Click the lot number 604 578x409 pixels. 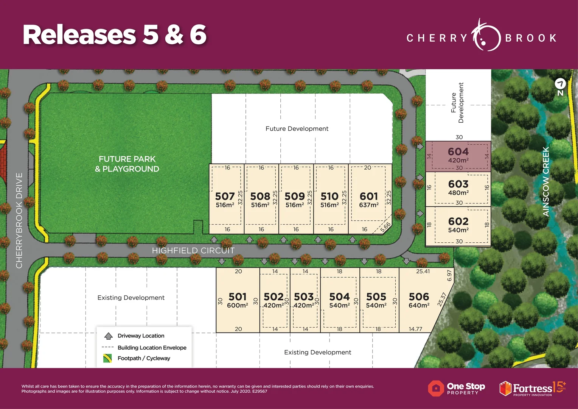tap(458, 152)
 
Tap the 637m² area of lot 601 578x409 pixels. tap(369, 205)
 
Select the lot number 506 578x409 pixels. tap(419, 297)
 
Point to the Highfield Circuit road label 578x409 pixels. tap(193, 250)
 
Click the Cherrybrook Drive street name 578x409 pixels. tap(19, 220)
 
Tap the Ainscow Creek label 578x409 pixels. tap(545, 182)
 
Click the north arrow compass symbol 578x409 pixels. tap(560, 84)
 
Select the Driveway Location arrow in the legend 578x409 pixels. tap(109, 336)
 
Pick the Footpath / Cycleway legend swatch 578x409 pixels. tap(107, 358)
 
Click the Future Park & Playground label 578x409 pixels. tap(127, 164)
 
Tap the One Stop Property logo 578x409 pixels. tap(457, 389)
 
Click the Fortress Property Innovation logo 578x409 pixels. tap(532, 389)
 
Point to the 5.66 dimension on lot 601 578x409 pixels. tap(385, 227)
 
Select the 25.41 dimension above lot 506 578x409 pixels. tap(423, 272)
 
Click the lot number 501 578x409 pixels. tap(238, 297)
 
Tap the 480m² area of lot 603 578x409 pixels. tap(458, 193)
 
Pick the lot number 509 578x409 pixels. tap(295, 196)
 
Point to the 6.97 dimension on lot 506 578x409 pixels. tap(449, 275)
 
